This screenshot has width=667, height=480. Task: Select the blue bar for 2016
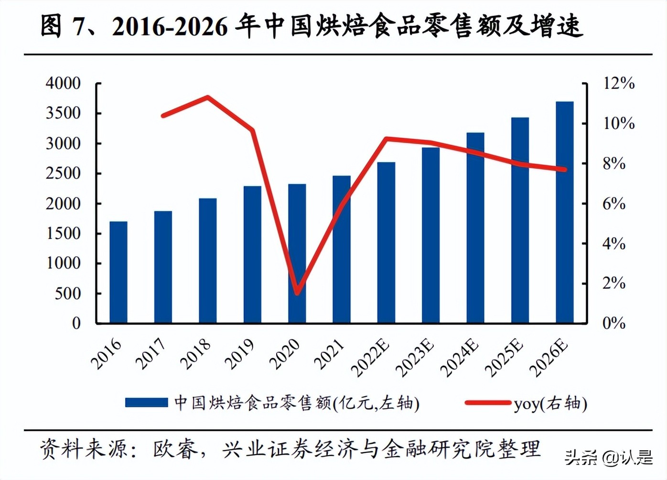(x=118, y=272)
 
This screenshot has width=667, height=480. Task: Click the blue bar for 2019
(x=252, y=254)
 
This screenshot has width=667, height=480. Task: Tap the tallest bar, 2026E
(x=564, y=212)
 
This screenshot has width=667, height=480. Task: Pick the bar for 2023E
(x=430, y=235)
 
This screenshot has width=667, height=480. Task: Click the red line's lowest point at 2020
(x=297, y=292)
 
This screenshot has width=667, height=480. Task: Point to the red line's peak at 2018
(x=207, y=98)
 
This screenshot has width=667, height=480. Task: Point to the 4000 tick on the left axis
(x=63, y=83)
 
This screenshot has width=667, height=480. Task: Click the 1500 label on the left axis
(x=63, y=233)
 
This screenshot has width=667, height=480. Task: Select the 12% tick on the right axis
(x=619, y=83)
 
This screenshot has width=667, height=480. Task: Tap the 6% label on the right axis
(x=614, y=204)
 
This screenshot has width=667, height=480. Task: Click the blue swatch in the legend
(x=146, y=403)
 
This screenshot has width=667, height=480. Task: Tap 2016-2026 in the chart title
(x=170, y=26)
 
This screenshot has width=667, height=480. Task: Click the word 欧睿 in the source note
(x=175, y=449)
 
